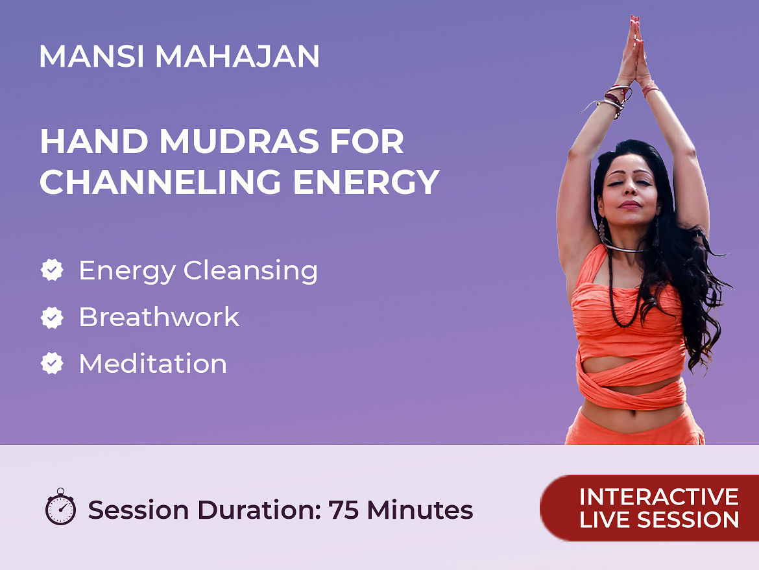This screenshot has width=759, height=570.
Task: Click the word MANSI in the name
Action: click(x=91, y=56)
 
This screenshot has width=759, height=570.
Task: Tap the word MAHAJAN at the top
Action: click(x=237, y=56)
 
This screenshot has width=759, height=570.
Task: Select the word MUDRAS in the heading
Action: click(x=239, y=141)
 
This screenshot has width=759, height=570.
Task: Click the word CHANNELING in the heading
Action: click(x=160, y=182)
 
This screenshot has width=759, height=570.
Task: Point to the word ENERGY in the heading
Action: click(x=367, y=182)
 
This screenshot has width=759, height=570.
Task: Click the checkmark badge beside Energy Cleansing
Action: click(x=52, y=270)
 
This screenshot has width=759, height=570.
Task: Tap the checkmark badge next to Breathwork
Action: click(x=52, y=317)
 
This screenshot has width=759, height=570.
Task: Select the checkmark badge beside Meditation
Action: click(x=52, y=363)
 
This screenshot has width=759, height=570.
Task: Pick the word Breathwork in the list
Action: click(x=159, y=317)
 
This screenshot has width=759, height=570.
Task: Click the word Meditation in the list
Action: click(x=153, y=363)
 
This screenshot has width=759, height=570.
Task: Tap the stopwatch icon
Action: click(x=60, y=506)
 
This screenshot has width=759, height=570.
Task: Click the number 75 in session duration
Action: click(x=343, y=510)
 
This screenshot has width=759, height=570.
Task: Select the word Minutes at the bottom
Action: click(x=420, y=510)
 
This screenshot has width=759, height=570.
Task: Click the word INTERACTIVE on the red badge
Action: click(x=659, y=497)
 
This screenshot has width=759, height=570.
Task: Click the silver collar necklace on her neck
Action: click(x=625, y=248)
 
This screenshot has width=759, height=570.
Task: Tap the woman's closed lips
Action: click(x=630, y=205)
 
